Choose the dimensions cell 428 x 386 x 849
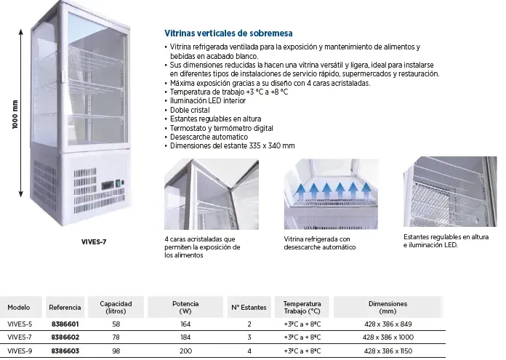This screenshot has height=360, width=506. [x=387, y=324]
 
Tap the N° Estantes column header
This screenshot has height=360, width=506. [x=249, y=307]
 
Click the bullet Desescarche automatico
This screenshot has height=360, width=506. [x=208, y=137]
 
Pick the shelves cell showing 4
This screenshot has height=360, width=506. [x=249, y=351]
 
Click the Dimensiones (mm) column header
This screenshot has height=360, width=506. [x=387, y=307]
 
